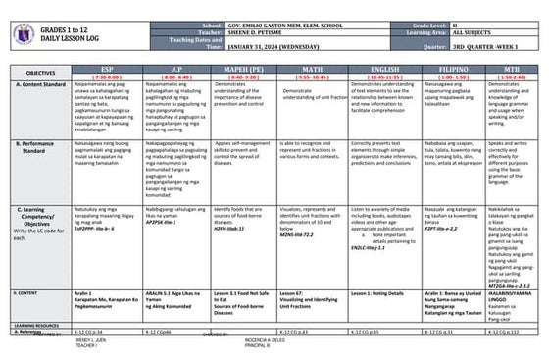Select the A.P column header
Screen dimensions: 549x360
pos(175,68)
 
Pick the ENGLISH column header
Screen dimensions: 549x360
pos(384,68)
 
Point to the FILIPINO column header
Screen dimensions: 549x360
pos(454,68)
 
